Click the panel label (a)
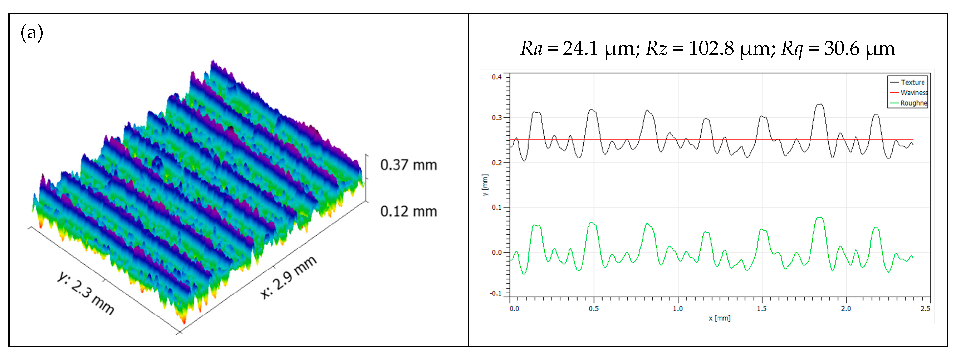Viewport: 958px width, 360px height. tap(32, 33)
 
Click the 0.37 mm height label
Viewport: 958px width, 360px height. tap(408, 165)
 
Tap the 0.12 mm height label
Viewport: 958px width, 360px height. tap(408, 211)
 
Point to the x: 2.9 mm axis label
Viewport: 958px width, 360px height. tap(288, 277)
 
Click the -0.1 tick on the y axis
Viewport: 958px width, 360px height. tap(496, 293)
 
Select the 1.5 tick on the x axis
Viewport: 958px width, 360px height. tap(762, 308)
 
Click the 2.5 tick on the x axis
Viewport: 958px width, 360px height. tap(925, 308)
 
